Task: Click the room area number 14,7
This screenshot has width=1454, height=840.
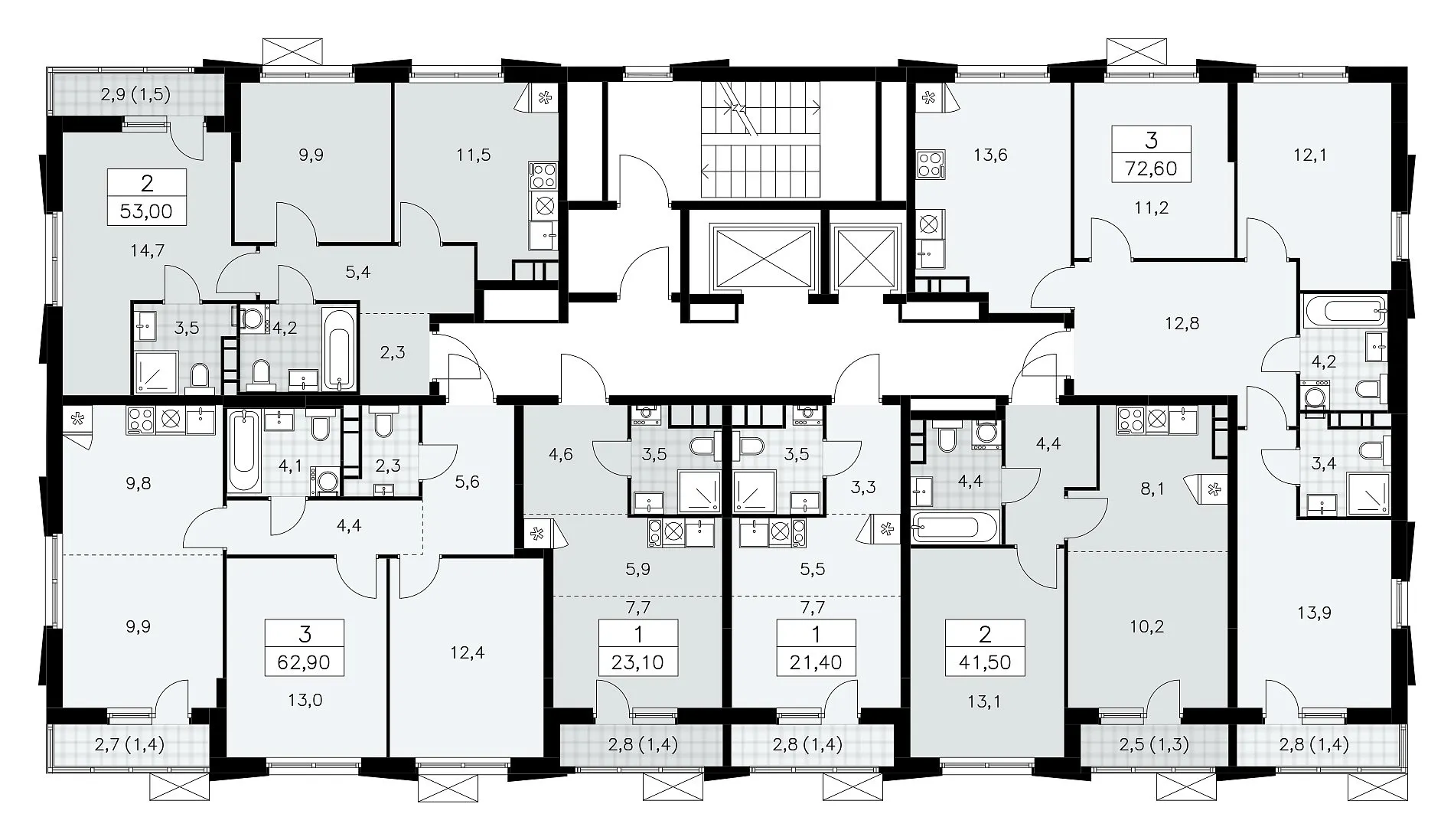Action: (148, 250)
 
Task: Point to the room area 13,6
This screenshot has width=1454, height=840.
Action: (991, 155)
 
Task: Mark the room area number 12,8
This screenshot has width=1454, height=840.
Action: (1182, 323)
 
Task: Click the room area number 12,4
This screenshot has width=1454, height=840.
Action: (468, 653)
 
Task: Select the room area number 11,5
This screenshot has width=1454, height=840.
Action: (474, 155)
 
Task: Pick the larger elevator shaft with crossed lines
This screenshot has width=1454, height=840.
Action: (762, 260)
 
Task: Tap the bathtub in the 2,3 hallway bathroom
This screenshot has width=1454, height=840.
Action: (339, 348)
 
